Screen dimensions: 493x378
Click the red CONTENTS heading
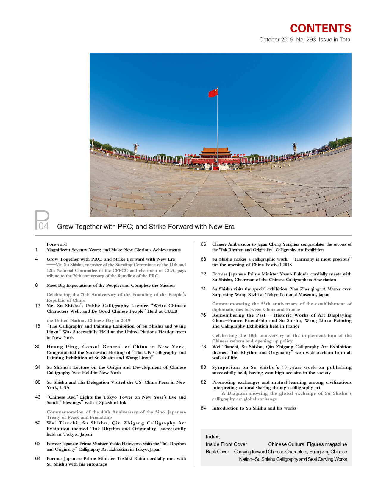321,28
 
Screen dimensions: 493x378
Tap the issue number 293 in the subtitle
311,40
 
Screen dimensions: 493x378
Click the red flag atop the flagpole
213,93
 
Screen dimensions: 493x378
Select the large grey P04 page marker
42,221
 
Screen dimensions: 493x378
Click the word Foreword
57,244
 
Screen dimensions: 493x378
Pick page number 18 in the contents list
38,326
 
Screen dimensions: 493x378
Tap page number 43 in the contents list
38,397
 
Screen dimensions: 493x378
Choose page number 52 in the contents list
38,423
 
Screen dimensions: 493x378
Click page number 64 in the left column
38,458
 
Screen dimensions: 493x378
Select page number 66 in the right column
203,244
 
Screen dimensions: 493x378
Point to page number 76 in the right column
203,315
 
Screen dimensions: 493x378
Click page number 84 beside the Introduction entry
203,408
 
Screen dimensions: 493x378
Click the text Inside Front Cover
226,444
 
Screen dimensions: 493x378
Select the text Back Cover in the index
217,452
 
